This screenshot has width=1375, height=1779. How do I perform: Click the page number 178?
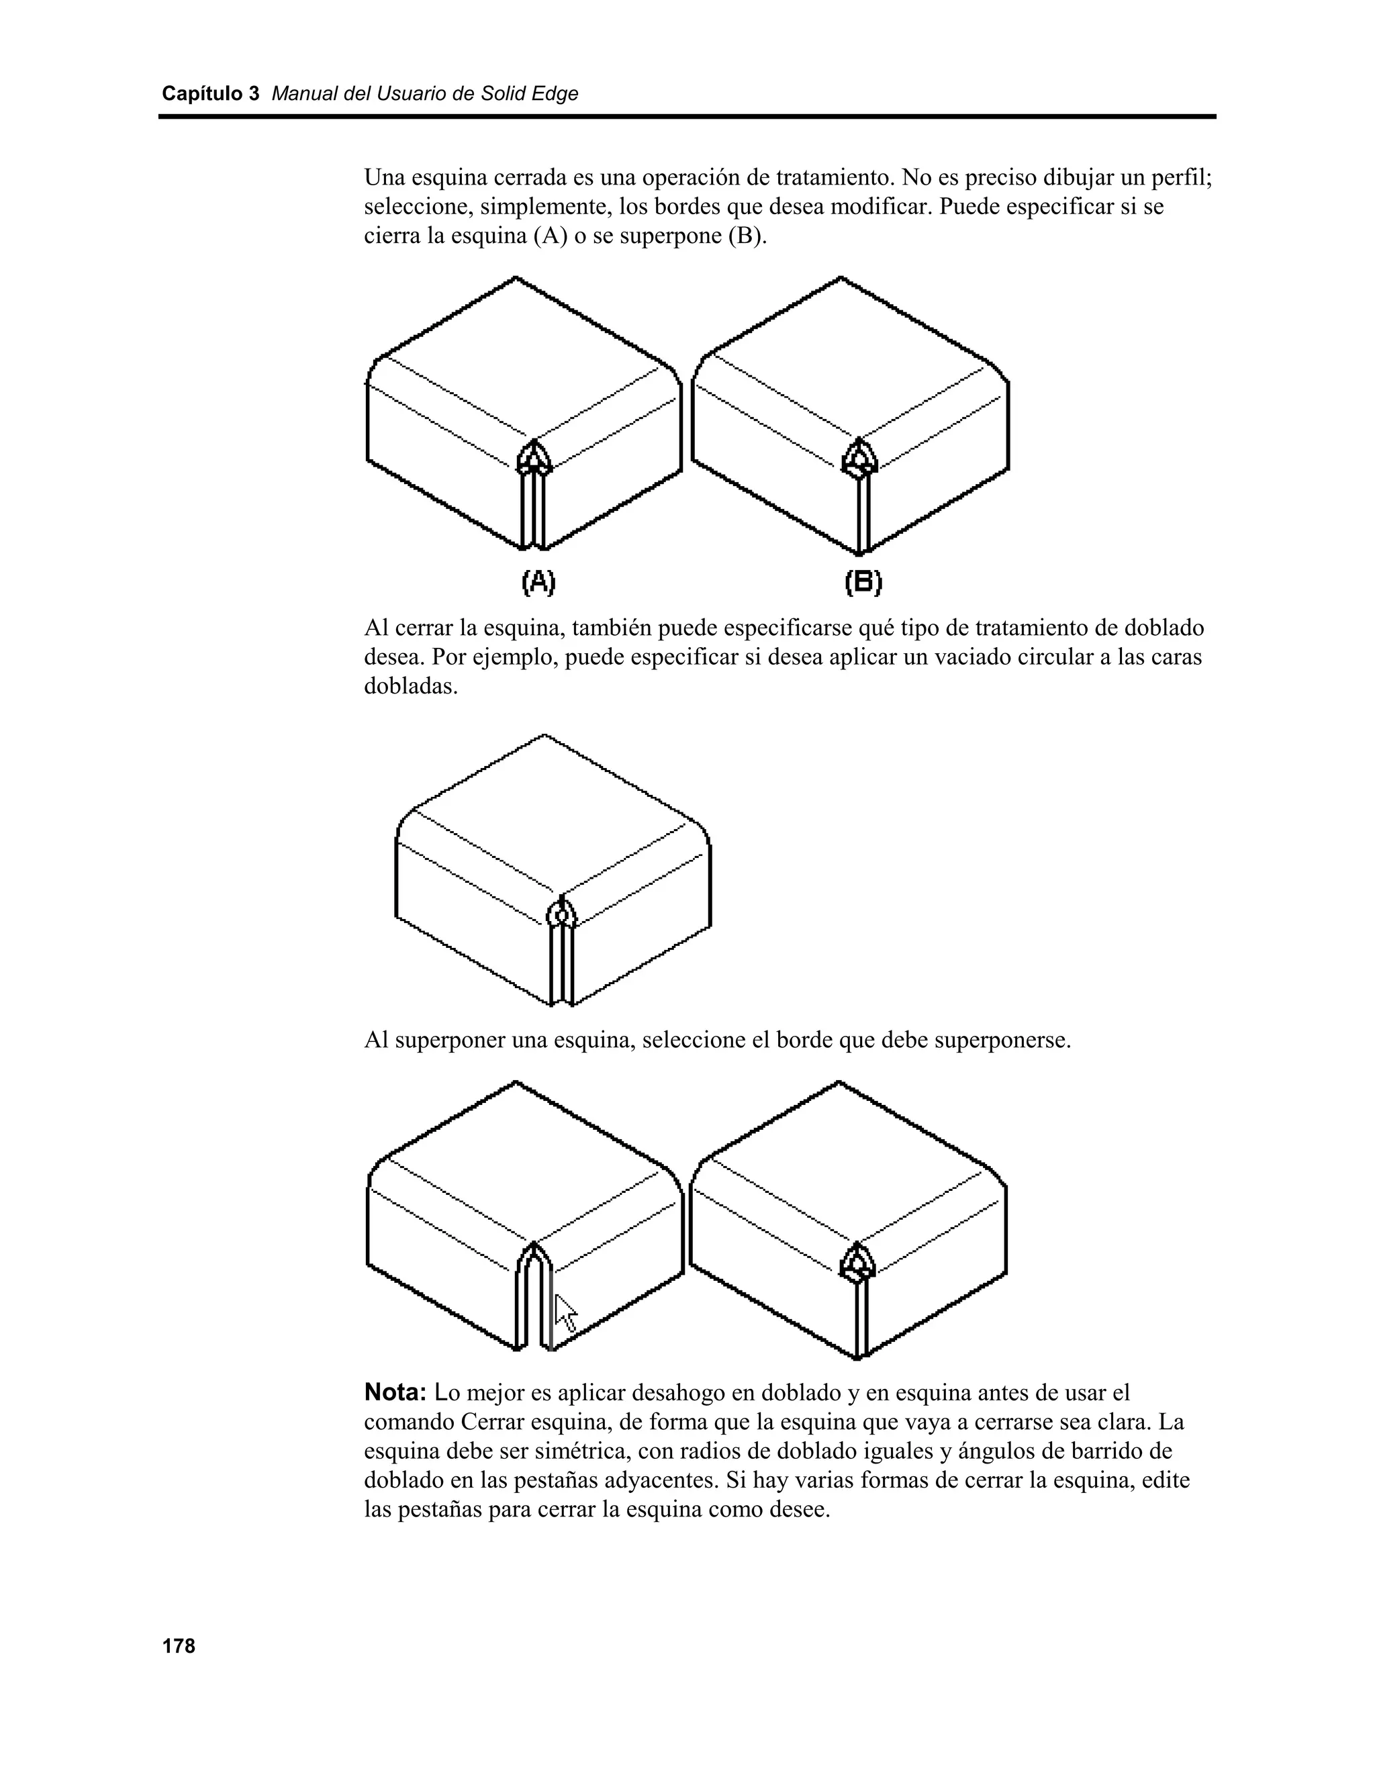click(x=179, y=1646)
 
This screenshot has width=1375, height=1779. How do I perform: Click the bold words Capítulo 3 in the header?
click(x=210, y=94)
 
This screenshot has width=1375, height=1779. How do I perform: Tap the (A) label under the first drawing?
click(x=538, y=581)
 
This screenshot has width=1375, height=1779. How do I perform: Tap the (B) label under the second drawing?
click(x=863, y=581)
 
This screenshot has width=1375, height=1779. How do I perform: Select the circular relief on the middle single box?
click(x=561, y=916)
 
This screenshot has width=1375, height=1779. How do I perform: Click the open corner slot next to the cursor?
click(x=534, y=1303)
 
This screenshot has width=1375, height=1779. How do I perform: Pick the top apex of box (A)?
click(x=516, y=278)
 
